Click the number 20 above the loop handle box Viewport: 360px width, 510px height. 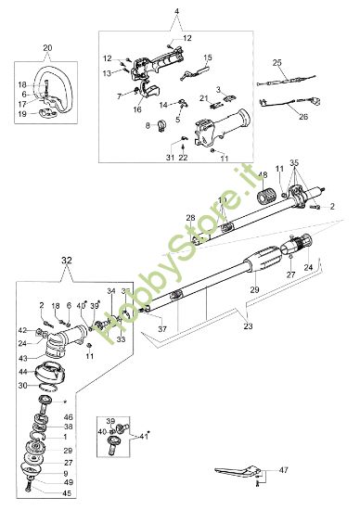[x=47, y=46]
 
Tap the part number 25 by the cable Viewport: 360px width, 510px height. [x=276, y=63]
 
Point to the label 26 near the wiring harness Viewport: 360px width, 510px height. [x=302, y=118]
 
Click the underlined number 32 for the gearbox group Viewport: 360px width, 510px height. [x=40, y=263]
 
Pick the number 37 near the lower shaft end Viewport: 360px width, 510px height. [x=161, y=329]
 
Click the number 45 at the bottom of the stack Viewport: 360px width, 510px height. [x=42, y=492]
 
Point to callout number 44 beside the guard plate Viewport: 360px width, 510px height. [x=21, y=372]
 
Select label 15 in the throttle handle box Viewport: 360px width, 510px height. [x=208, y=57]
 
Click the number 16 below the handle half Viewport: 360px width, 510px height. [x=137, y=109]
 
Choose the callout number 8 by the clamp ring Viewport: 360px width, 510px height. [x=148, y=123]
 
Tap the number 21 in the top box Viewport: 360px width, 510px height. [x=204, y=97]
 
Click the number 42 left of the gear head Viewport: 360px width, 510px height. [x=21, y=330]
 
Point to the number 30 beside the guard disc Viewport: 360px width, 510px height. [x=21, y=386]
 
